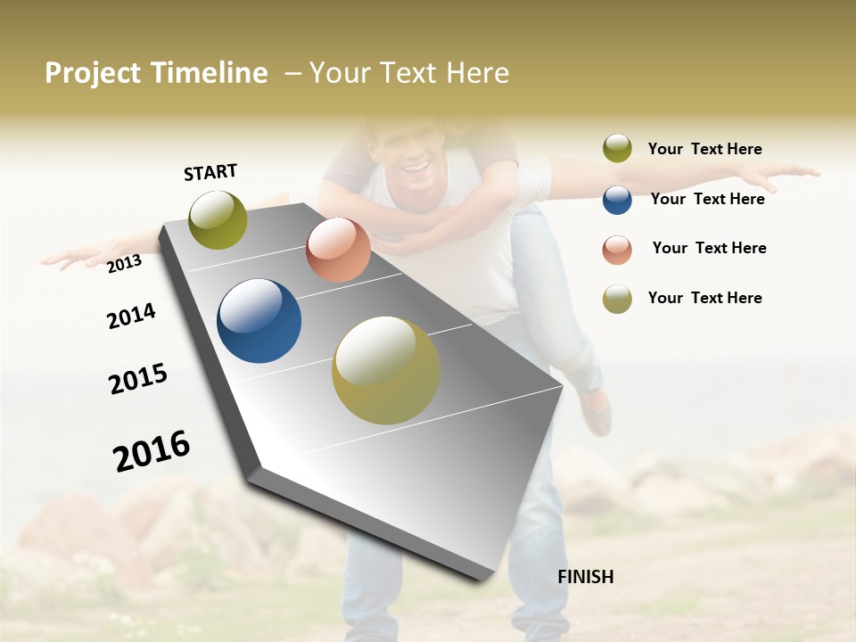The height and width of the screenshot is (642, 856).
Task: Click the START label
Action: click(210, 172)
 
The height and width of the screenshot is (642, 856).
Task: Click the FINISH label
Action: click(585, 577)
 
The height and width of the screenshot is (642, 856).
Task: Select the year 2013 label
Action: click(124, 263)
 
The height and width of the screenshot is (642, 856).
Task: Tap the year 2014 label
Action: click(131, 316)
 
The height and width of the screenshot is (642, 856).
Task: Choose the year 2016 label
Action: click(152, 451)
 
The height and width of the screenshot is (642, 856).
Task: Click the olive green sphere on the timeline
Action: click(218, 219)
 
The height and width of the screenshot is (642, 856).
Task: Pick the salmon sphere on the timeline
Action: click(338, 250)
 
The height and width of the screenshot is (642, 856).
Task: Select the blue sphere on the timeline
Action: click(259, 321)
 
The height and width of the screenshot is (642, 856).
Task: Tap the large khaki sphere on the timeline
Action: click(385, 370)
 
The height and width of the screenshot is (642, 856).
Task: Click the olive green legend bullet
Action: click(617, 149)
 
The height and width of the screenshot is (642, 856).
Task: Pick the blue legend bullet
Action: click(617, 200)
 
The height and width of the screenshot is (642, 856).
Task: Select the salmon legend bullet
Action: click(617, 249)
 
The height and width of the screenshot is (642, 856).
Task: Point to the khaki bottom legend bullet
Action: click(617, 299)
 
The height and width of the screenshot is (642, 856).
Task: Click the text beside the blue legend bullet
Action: click(707, 199)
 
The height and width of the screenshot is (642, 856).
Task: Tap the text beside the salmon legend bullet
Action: click(709, 248)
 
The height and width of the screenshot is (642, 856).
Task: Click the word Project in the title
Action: click(94, 73)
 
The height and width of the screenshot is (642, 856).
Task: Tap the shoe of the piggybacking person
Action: click(596, 411)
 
